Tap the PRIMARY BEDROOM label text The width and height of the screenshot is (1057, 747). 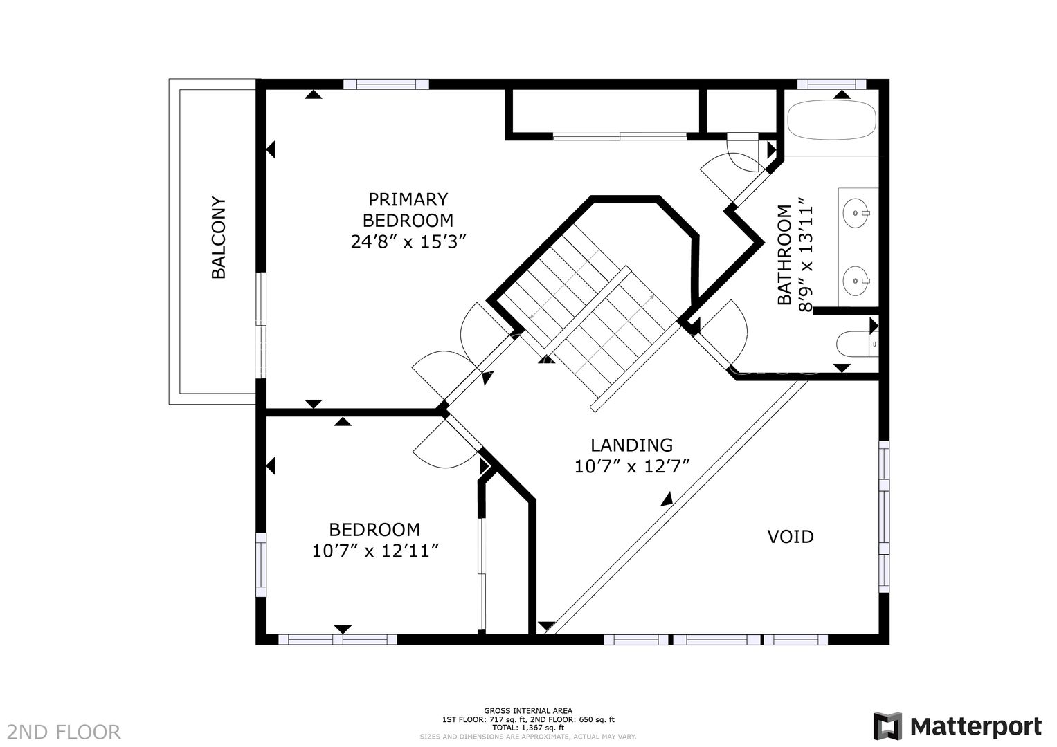tap(408, 210)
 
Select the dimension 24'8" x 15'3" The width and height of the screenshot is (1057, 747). tap(408, 242)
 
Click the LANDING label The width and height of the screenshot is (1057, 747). tap(631, 445)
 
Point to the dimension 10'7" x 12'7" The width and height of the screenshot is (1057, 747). tap(632, 467)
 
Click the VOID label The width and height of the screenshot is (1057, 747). tap(790, 537)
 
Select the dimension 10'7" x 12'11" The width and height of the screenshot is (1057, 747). tap(375, 551)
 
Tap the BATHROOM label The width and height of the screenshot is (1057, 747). tap(784, 255)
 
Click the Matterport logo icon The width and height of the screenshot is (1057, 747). tap(887, 726)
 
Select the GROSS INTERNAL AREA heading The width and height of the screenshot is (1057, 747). tap(527, 710)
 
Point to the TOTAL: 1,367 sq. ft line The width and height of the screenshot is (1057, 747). tap(527, 728)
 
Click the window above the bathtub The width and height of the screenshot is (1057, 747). tap(831, 84)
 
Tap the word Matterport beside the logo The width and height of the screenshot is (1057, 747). tap(975, 727)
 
